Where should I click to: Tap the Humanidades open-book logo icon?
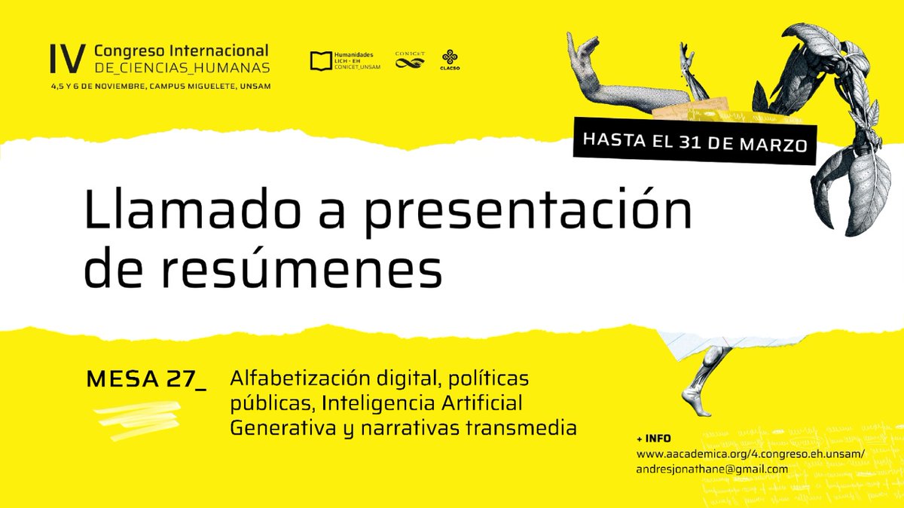point(320,60)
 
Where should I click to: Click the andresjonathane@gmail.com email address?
point(712,469)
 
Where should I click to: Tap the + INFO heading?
point(653,439)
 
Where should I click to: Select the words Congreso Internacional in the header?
point(181,50)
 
